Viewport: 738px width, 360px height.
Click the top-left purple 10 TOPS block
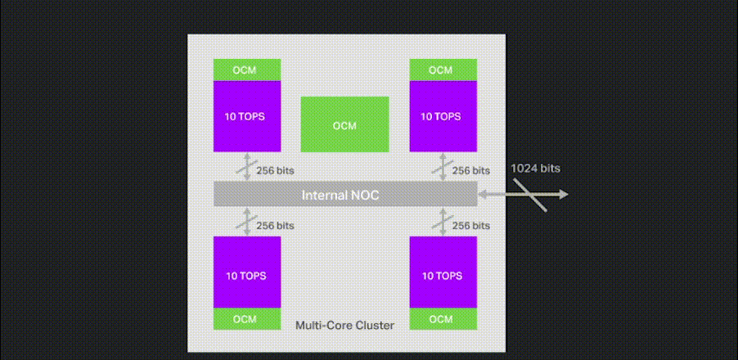pyautogui.click(x=247, y=115)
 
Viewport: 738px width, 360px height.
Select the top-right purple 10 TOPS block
pyautogui.click(x=443, y=115)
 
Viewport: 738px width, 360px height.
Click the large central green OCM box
pyautogui.click(x=344, y=124)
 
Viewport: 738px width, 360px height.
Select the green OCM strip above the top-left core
pyautogui.click(x=247, y=70)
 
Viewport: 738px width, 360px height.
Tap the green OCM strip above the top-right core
pyautogui.click(x=443, y=70)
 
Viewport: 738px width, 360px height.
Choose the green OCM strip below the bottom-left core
pyautogui.click(x=247, y=318)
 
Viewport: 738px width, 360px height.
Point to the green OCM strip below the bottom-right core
pyautogui.click(x=443, y=318)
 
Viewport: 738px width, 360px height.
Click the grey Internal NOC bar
pyautogui.click(x=344, y=195)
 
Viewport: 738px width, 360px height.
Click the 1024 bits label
pyautogui.click(x=535, y=169)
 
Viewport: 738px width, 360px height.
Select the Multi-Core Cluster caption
pyautogui.click(x=344, y=326)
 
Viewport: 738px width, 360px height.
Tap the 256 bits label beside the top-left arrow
pyautogui.click(x=276, y=171)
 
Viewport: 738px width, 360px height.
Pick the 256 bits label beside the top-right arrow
pyautogui.click(x=471, y=171)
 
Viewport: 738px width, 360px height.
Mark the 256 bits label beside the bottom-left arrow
pyautogui.click(x=276, y=225)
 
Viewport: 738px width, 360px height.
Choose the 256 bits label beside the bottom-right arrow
pyautogui.click(x=471, y=225)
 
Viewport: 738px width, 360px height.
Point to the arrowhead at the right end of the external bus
pyautogui.click(x=564, y=194)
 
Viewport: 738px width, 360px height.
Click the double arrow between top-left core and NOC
pyautogui.click(x=247, y=167)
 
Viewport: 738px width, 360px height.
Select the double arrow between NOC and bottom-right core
pyautogui.click(x=443, y=221)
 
